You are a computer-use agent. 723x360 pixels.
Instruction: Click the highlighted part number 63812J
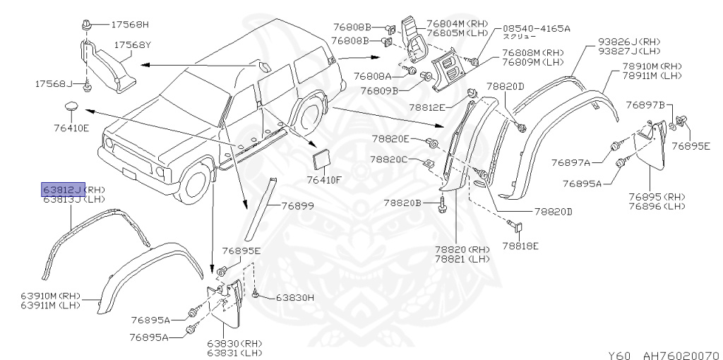point(62,189)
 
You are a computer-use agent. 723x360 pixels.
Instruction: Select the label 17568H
point(130,25)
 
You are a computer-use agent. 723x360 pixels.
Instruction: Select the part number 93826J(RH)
point(630,41)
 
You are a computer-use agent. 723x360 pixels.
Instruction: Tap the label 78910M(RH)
point(652,66)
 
